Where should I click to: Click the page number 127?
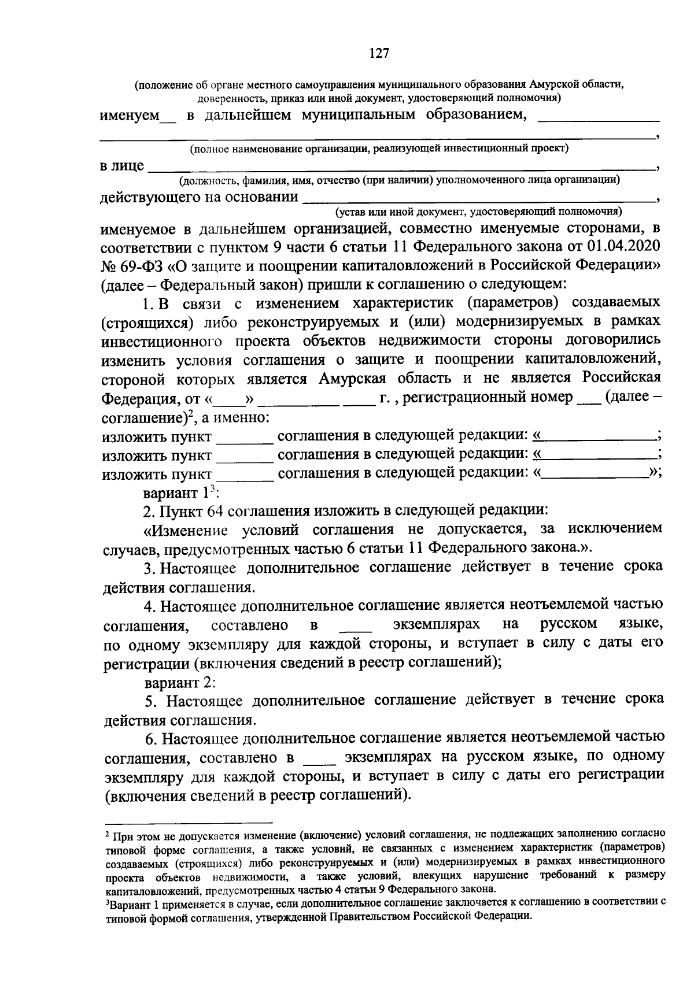(x=379, y=53)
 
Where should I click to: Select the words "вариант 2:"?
(x=180, y=682)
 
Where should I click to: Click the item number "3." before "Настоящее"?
(x=150, y=568)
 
